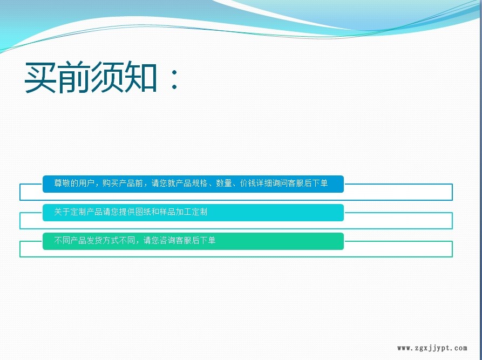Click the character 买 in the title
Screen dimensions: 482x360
point(40,77)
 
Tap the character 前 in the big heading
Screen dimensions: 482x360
point(74,77)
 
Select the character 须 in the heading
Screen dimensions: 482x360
point(107,77)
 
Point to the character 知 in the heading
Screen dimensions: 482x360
point(140,77)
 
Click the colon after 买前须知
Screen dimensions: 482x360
point(174,79)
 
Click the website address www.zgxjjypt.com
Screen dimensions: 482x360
point(432,348)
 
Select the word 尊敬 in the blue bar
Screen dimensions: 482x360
point(62,183)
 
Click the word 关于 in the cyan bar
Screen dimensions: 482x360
point(62,212)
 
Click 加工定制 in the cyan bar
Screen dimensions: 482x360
point(191,212)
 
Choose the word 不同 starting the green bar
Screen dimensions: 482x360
point(62,240)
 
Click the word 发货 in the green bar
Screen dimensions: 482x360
point(94,240)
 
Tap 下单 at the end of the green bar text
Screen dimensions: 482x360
point(207,240)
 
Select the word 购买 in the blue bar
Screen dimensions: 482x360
point(111,183)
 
